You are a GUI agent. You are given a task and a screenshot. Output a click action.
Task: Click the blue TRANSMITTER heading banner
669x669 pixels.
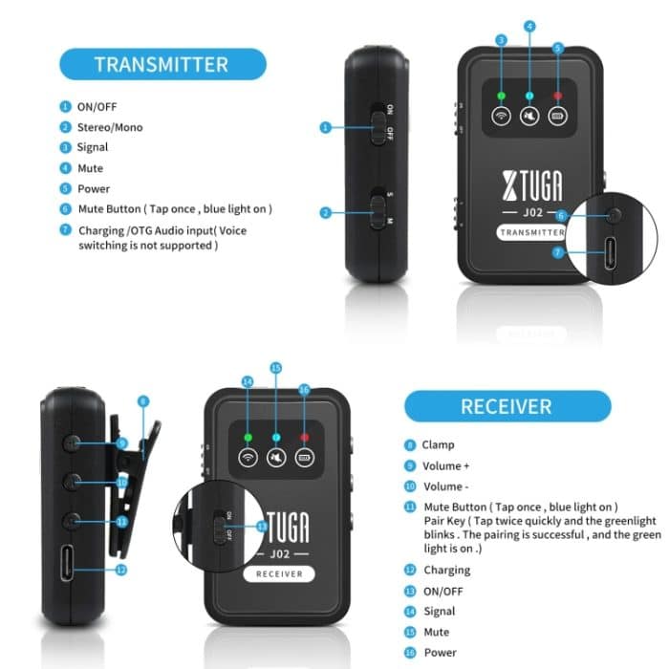(161, 65)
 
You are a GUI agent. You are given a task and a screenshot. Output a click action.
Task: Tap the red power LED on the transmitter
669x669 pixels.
(557, 97)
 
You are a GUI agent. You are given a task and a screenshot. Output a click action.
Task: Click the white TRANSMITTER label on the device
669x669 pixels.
(531, 232)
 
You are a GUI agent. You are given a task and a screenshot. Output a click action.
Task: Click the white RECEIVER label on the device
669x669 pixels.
(279, 573)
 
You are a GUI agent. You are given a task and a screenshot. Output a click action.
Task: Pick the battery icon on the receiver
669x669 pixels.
(306, 457)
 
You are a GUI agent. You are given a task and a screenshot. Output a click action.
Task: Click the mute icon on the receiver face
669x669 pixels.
(276, 457)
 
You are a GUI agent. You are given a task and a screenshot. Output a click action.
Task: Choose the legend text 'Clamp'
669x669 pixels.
(438, 444)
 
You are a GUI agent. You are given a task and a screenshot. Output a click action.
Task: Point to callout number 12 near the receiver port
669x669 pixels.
(121, 569)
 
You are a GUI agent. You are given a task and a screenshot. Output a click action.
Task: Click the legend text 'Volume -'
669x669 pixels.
(446, 486)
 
